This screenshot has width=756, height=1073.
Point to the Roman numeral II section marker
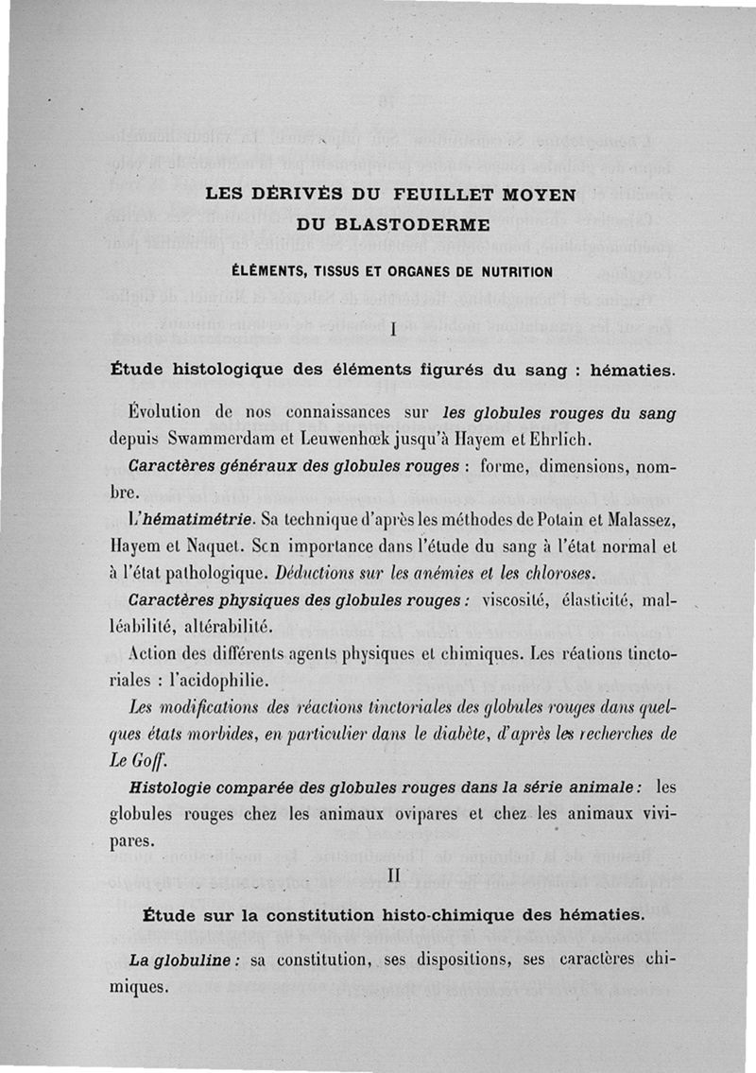click(x=392, y=876)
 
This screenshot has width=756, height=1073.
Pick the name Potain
click(x=523, y=519)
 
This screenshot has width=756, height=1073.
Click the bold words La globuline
click(x=179, y=960)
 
